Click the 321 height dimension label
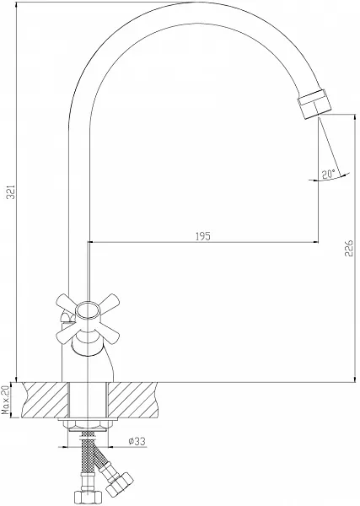coord(11,192)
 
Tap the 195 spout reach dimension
coord(203,236)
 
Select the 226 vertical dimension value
coord(349,248)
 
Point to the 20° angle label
coord(329,175)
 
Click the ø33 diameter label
coord(137,441)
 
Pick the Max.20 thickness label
coord(6,400)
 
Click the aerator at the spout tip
coord(313,105)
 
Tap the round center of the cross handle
coord(88,310)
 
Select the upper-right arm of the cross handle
coord(110,300)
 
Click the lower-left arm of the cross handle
coord(67,335)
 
